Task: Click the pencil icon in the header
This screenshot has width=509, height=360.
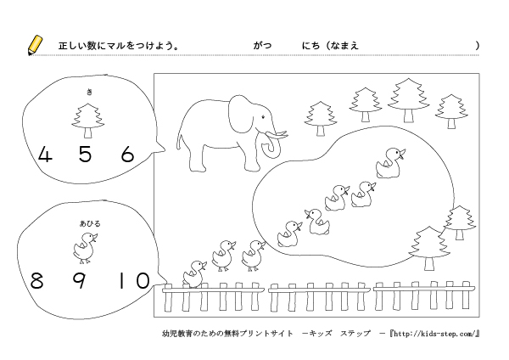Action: [35, 45]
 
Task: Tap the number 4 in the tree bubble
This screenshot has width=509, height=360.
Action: [45, 155]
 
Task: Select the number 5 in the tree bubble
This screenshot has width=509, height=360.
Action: [85, 155]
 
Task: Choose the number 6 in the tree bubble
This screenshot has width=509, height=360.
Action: [128, 155]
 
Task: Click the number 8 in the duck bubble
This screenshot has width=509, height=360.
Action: [36, 280]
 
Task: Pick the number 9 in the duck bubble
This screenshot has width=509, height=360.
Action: [79, 280]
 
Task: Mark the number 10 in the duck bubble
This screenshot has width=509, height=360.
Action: [132, 280]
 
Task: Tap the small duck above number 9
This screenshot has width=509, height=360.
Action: [84, 248]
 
